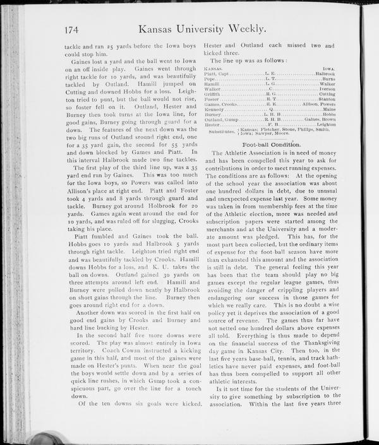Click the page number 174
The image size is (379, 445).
[x=75, y=29]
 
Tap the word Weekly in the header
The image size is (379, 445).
[x=272, y=29]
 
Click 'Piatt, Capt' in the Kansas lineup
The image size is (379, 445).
[x=218, y=74]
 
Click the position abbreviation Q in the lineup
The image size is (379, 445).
[x=270, y=109]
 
